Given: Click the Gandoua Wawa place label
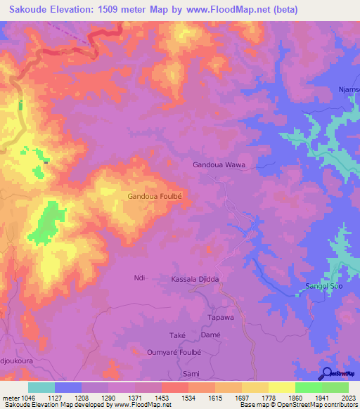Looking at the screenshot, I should point(224,164).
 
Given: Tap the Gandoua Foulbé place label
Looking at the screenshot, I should point(155,197).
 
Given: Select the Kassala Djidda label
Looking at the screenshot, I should point(195,279).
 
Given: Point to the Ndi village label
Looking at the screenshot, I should point(139,278).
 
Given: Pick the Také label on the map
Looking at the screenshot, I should point(176,336).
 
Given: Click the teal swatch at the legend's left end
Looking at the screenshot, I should point(41,387).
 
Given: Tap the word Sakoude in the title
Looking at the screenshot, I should point(30,10).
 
